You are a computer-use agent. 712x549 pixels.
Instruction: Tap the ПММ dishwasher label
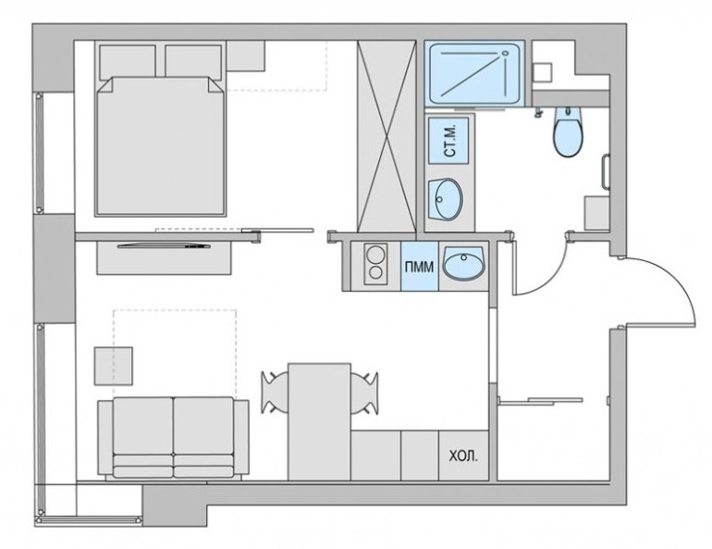[x=415, y=266]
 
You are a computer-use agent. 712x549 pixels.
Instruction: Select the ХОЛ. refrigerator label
[x=462, y=457]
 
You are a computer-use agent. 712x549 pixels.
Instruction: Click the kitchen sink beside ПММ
[x=461, y=266]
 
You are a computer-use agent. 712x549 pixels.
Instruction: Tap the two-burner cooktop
[x=374, y=265]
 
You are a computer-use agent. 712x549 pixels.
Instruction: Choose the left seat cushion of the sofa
[x=142, y=433]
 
